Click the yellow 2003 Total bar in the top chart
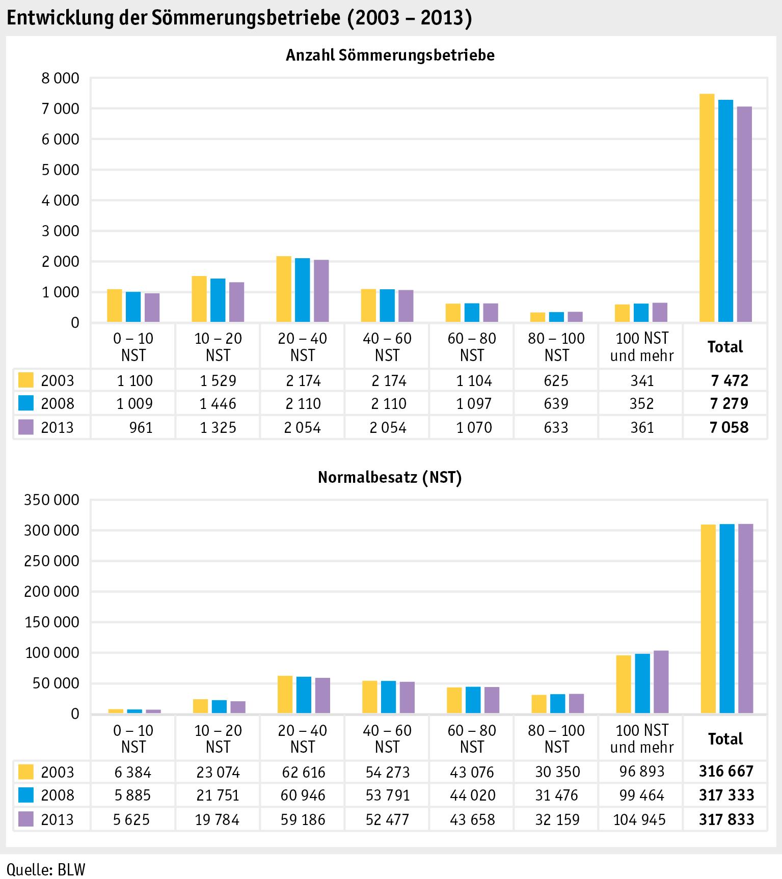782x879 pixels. [707, 208]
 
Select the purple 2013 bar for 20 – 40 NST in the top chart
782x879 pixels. [321, 291]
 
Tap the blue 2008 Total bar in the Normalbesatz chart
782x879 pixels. [727, 618]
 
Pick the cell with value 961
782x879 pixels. [141, 427]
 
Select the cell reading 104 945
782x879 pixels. [640, 819]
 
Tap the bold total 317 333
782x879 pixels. [726, 795]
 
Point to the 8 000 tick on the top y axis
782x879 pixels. [60, 78]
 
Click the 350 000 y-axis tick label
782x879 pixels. [52, 500]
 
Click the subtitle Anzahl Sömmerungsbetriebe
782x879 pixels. [390, 55]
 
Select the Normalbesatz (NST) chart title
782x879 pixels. [390, 477]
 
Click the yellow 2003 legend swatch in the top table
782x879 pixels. [25, 380]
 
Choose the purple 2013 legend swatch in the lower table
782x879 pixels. [25, 819]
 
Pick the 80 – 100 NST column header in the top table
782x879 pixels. [556, 347]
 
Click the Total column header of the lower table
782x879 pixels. [725, 739]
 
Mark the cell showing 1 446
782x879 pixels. [218, 404]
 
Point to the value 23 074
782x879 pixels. [218, 772]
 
